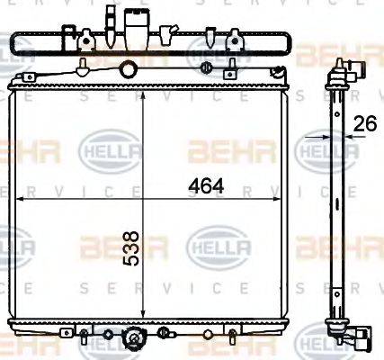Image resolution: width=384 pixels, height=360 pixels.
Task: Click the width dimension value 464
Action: tap(206, 187)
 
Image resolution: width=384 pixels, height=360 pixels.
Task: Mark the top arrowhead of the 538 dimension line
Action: tap(140, 89)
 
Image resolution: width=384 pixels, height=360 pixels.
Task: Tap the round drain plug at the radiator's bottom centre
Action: tap(134, 340)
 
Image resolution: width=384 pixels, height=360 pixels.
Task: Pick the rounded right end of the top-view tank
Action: tap(288, 42)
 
